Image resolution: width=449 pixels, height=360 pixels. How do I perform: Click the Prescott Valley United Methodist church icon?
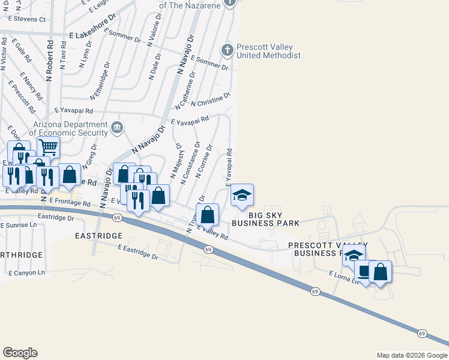[227, 50]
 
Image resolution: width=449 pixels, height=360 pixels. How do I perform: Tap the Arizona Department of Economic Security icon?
[117, 127]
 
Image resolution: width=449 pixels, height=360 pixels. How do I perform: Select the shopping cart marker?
[48, 146]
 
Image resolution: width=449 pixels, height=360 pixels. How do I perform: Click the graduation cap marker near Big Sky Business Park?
[242, 194]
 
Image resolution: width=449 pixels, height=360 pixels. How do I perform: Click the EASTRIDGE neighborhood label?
[99, 236]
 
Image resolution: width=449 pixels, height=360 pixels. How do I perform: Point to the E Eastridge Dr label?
[138, 251]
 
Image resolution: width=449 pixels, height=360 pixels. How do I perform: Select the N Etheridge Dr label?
[100, 81]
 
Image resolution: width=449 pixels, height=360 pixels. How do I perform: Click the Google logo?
[20, 353]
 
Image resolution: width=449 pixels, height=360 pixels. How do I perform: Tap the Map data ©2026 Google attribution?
[411, 355]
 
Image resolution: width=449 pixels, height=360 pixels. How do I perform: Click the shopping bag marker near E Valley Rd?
[207, 214]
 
